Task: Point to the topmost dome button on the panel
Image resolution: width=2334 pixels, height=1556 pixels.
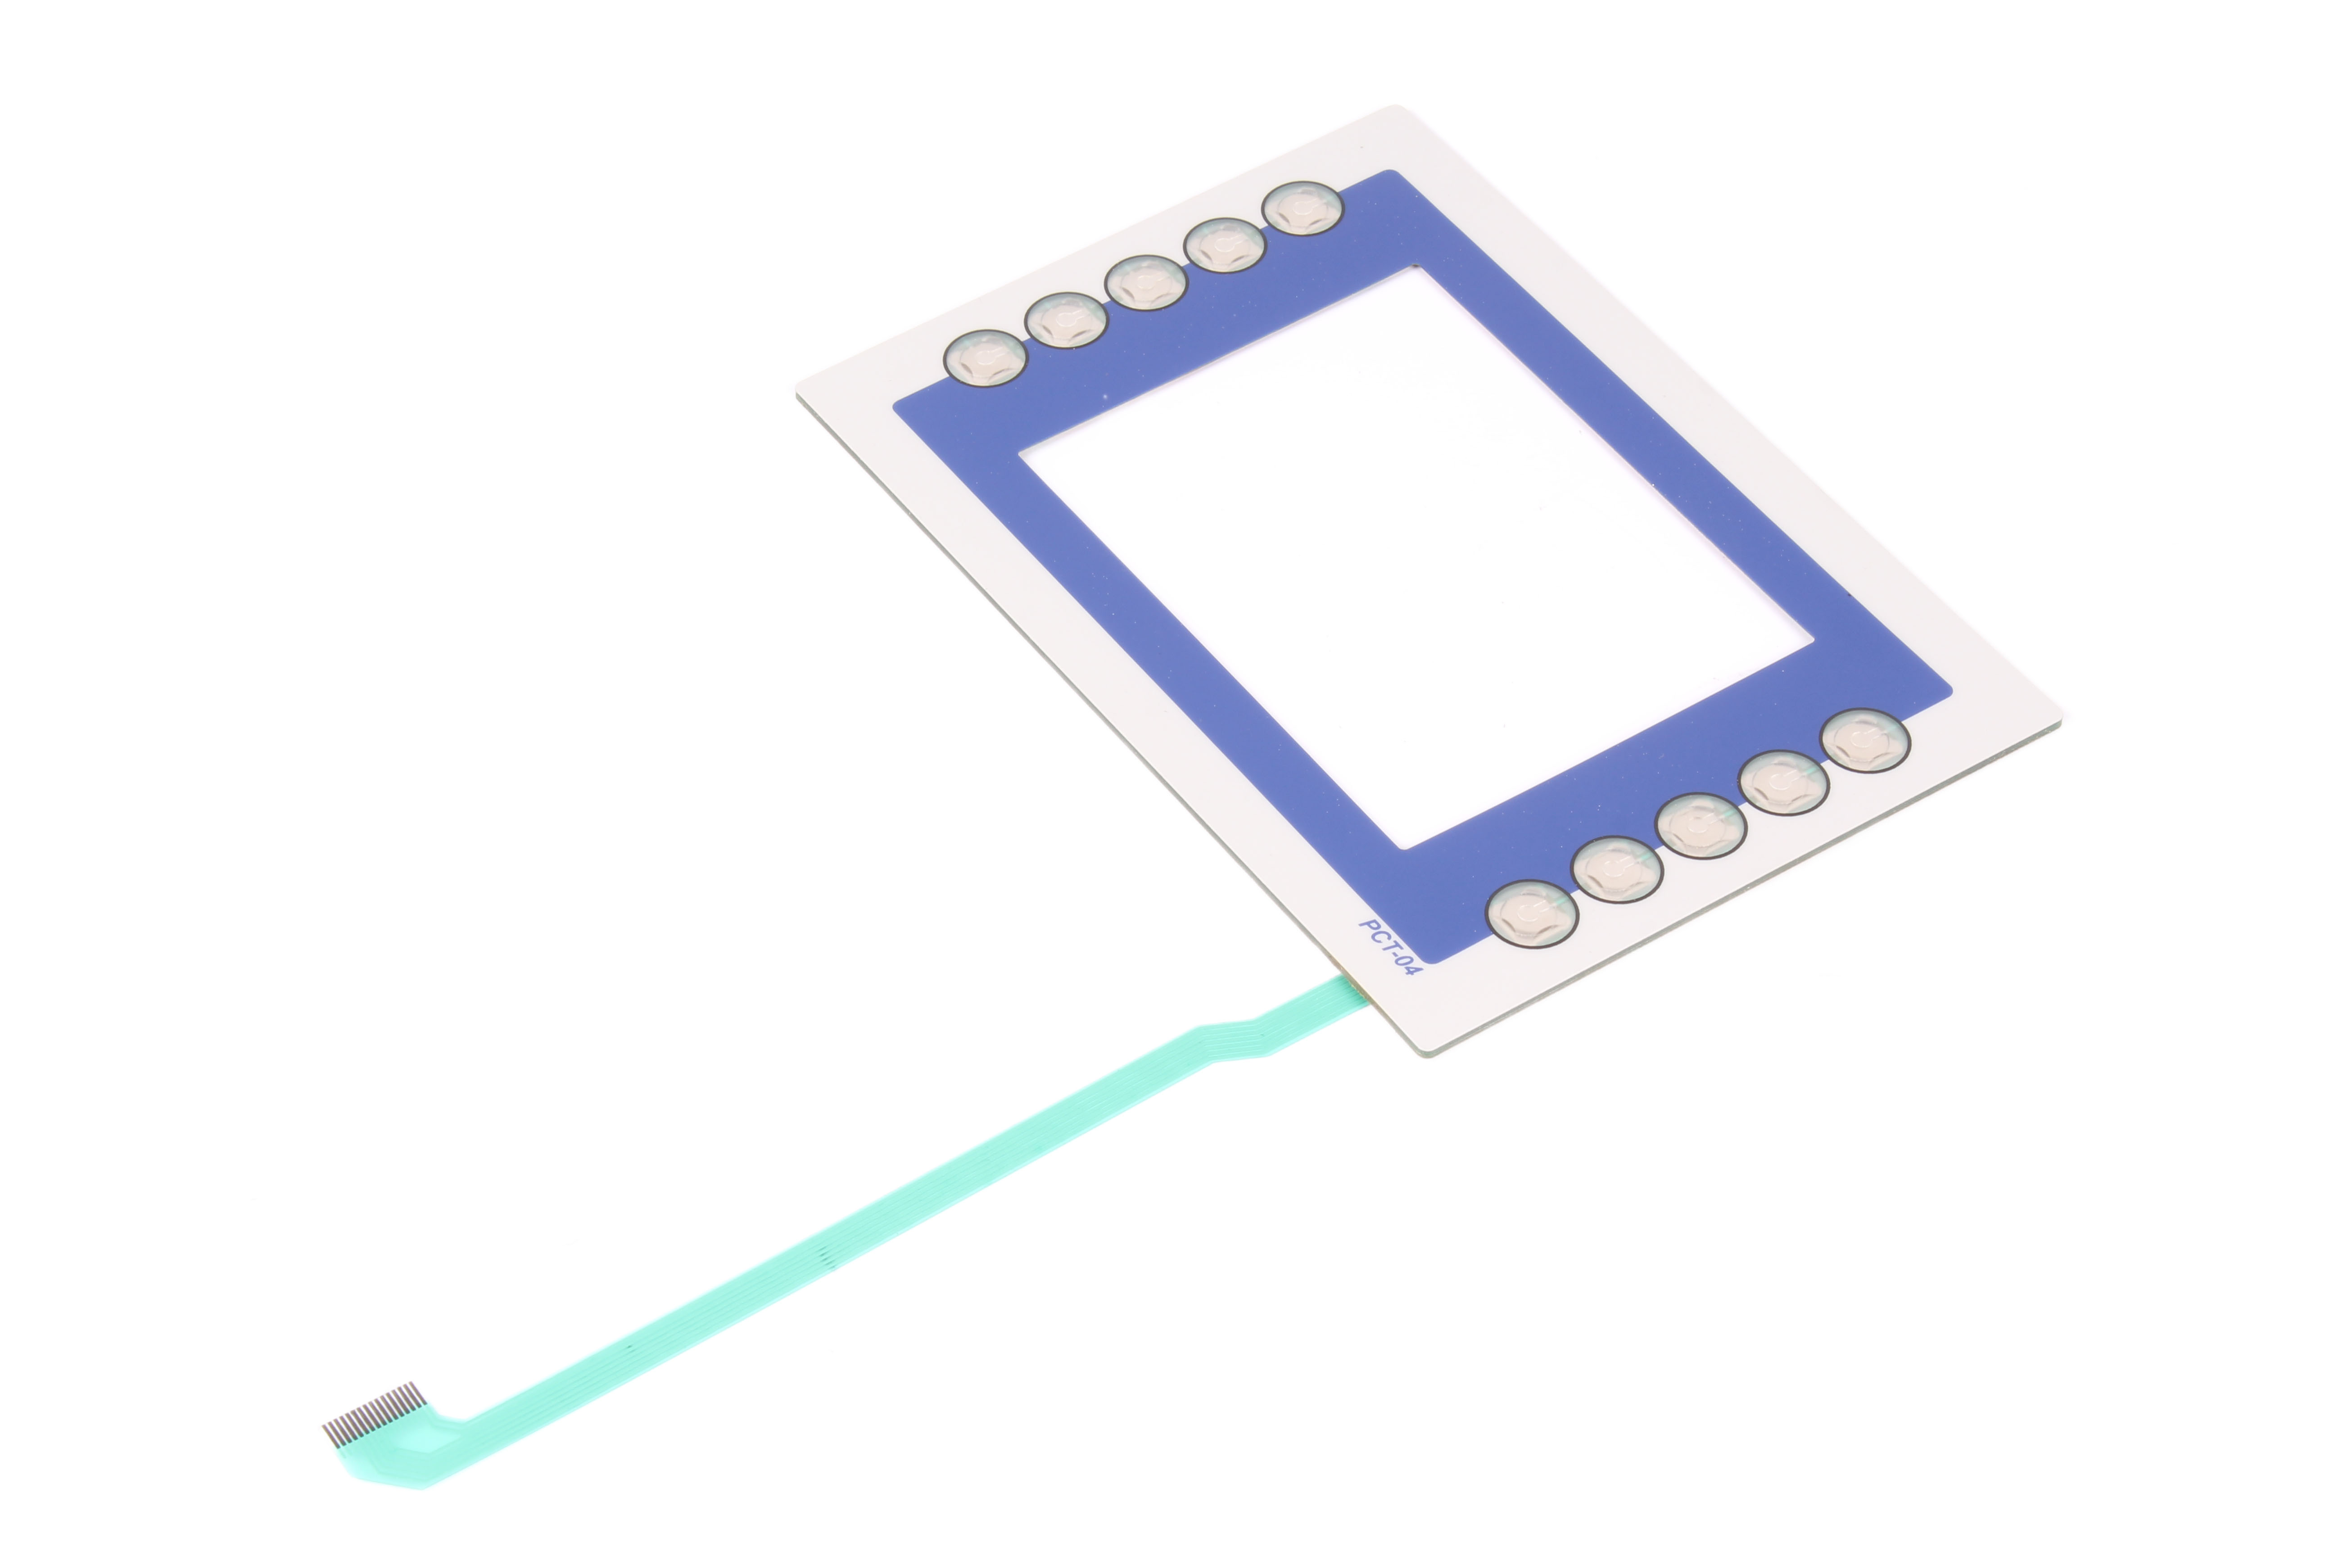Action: click(x=1302, y=209)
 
